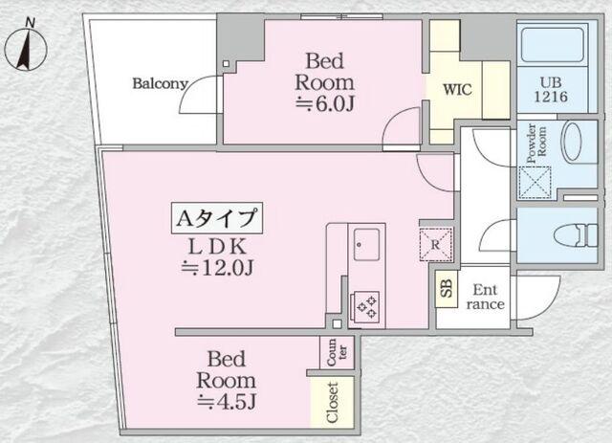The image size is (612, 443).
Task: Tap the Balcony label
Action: point(160,83)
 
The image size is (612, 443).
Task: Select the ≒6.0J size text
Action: point(325,104)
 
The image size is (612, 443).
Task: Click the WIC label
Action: point(457,89)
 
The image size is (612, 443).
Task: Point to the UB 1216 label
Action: point(551,89)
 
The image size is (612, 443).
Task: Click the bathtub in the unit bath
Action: point(553,45)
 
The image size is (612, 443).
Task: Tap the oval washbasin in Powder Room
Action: point(573,142)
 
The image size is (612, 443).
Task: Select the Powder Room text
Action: point(537,144)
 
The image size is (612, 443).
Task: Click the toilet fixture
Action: point(576,234)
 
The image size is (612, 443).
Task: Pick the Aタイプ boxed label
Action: point(217,218)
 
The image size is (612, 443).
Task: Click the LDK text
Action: point(217,247)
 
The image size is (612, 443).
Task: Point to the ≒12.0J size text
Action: point(218,268)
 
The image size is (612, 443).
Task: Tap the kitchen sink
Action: point(366,245)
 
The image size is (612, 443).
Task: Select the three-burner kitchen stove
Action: point(365,305)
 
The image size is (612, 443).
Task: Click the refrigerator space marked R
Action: point(436,245)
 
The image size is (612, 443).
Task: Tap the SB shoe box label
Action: point(447,289)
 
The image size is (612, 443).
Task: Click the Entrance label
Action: point(485,297)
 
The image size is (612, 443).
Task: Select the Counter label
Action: point(337,352)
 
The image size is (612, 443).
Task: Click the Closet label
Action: point(332,403)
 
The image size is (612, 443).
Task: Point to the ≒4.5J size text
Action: point(227,401)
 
